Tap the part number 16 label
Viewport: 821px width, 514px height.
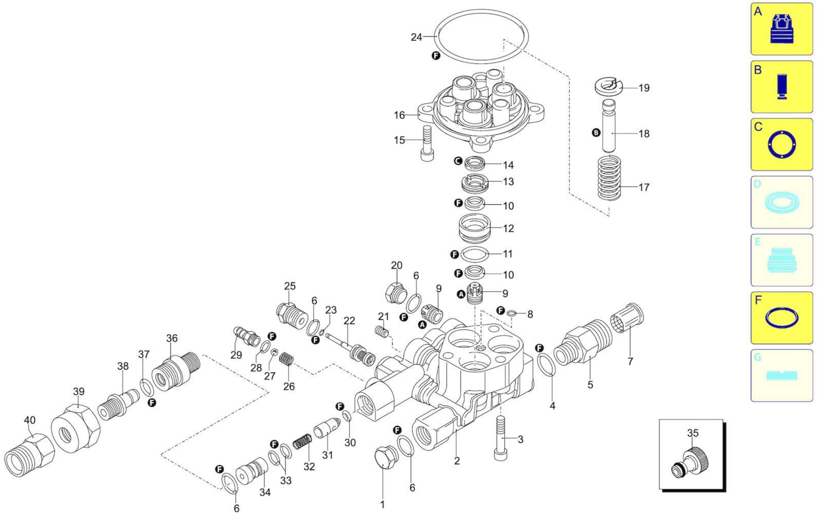click(x=399, y=115)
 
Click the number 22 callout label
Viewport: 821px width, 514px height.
click(x=349, y=321)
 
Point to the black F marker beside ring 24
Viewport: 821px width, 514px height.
click(x=436, y=56)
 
